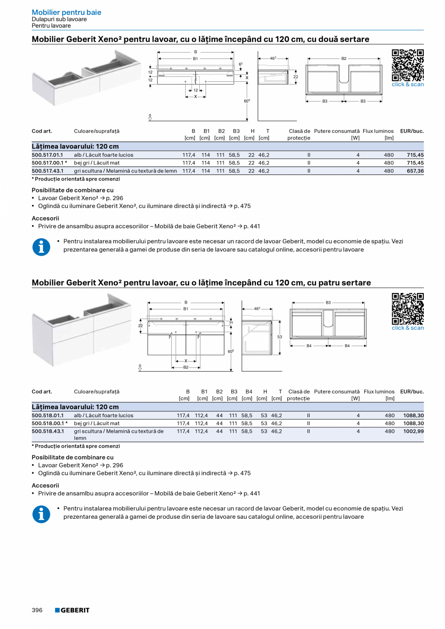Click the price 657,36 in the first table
(415, 171)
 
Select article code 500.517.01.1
(47, 155)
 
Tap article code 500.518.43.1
(47, 431)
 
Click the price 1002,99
(414, 431)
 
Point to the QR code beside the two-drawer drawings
(407, 65)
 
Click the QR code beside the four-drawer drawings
(407, 308)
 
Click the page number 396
(37, 610)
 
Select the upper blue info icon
(41, 247)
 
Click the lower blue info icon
(41, 514)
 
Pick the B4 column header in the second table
(249, 392)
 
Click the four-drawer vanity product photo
(82, 329)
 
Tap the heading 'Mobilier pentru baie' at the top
(66, 13)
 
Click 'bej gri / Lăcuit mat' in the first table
(96, 163)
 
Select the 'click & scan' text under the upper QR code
(407, 85)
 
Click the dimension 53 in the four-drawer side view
(280, 336)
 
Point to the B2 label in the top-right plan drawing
(344, 59)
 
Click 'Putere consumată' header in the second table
(337, 392)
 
